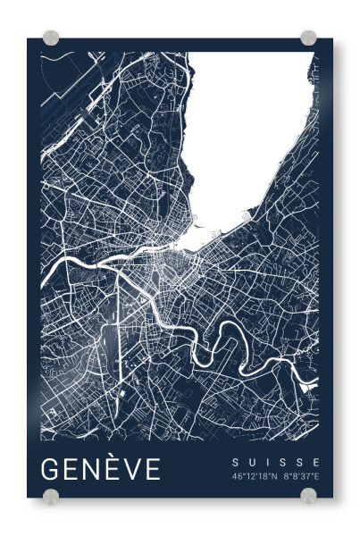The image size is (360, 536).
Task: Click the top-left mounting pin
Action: [51, 38]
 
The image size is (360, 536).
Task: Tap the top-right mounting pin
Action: [308, 38]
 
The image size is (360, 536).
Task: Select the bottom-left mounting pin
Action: [51, 496]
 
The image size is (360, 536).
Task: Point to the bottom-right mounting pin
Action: [308, 496]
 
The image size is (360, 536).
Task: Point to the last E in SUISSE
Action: [315, 462]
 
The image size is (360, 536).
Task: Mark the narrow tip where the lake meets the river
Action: [183, 242]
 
